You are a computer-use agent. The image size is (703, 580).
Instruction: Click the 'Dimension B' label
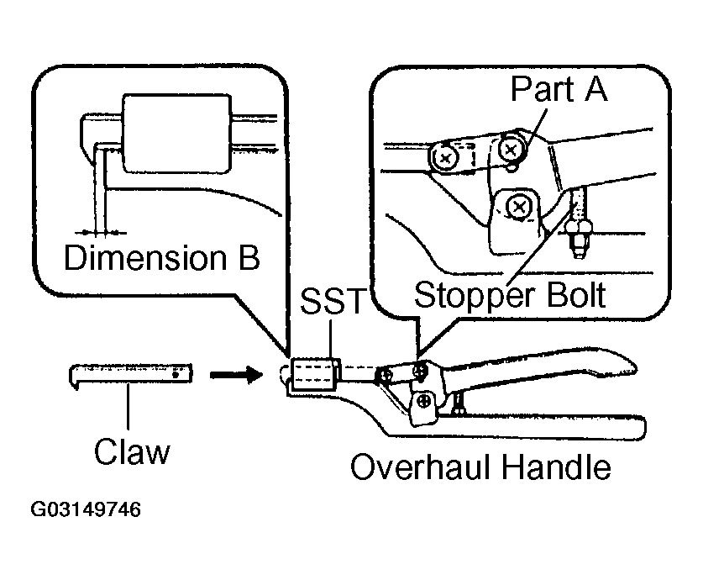[x=162, y=257]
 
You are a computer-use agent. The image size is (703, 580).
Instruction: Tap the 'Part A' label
[x=559, y=89]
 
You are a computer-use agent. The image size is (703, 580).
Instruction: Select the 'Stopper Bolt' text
[x=510, y=296]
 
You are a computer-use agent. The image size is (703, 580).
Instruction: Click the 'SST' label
[x=333, y=301]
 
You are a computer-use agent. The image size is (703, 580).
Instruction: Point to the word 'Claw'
[x=132, y=451]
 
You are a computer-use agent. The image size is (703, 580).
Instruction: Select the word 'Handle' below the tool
[x=556, y=467]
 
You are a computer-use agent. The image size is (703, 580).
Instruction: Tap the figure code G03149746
[x=85, y=509]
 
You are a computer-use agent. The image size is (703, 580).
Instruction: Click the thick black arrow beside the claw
[x=236, y=374]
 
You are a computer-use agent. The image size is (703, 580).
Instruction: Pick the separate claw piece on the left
[x=130, y=374]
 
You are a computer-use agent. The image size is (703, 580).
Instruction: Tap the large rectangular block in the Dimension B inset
[x=177, y=134]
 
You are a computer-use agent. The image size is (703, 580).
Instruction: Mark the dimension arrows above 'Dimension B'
[x=100, y=233]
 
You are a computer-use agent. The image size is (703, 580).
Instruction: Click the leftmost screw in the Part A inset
[x=445, y=157]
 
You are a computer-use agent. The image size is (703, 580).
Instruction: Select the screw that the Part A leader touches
[x=510, y=150]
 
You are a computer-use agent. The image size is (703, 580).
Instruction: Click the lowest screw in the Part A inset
[x=519, y=207]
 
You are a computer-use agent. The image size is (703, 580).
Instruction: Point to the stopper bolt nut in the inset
[x=578, y=231]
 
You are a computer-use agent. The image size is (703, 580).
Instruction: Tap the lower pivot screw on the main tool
[x=423, y=402]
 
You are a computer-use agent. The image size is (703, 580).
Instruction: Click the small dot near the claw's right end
[x=176, y=374]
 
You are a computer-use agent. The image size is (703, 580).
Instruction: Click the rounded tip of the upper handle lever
[x=630, y=365]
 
